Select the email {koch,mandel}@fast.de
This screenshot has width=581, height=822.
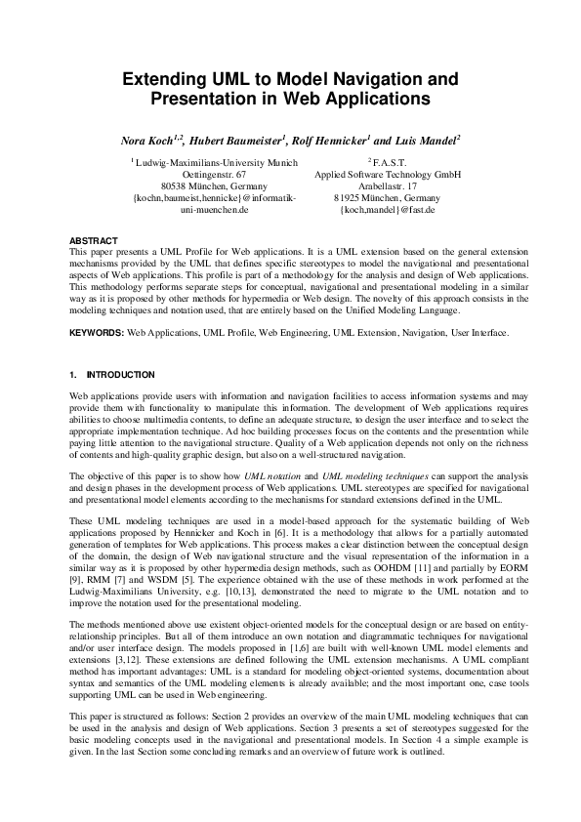(388, 209)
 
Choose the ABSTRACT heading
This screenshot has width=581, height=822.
(94, 240)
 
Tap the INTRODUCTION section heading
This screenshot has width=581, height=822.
(120, 375)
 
